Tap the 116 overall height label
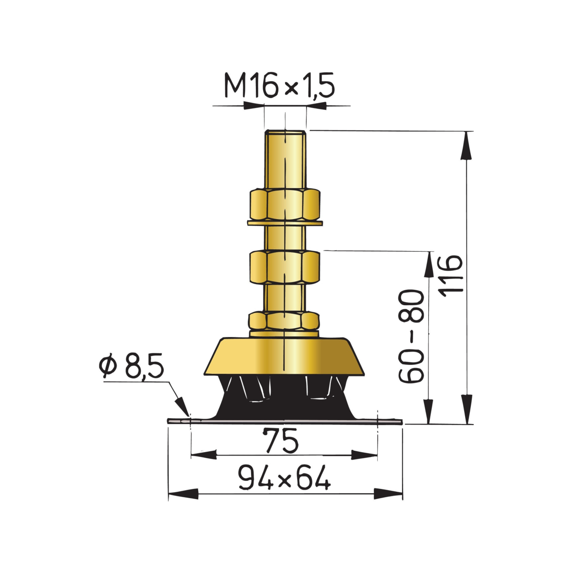(x=451, y=276)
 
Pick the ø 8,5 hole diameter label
(x=131, y=365)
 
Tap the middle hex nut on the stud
(x=285, y=267)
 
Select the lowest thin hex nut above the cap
(x=284, y=321)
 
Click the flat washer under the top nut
(x=285, y=223)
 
